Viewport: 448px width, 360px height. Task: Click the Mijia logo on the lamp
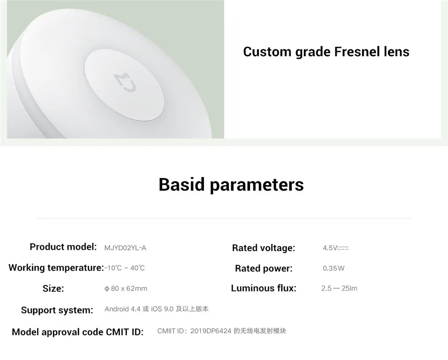coord(125,82)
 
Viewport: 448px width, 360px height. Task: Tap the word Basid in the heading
coord(182,184)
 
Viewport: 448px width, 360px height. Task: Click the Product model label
coord(63,247)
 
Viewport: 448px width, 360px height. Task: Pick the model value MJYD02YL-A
coord(125,248)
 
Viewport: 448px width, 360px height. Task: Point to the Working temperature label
coord(56,268)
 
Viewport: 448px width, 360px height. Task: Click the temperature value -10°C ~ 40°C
coord(125,268)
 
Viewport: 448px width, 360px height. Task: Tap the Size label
coord(53,289)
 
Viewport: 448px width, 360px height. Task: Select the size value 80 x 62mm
coord(126,289)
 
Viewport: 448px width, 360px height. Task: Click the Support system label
coord(57,310)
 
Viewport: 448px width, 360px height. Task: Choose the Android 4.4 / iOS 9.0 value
coord(156,309)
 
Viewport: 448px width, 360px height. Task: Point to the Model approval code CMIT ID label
coord(78,332)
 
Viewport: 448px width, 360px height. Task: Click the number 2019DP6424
coord(211,331)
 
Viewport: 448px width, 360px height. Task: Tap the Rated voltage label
coord(263,248)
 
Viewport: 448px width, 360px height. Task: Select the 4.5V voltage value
coord(336,248)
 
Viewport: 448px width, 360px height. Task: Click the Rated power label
coord(264,269)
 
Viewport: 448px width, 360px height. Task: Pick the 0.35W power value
coord(333,269)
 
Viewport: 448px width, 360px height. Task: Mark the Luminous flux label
coord(264,288)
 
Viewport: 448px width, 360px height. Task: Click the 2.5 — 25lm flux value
coord(339,289)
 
